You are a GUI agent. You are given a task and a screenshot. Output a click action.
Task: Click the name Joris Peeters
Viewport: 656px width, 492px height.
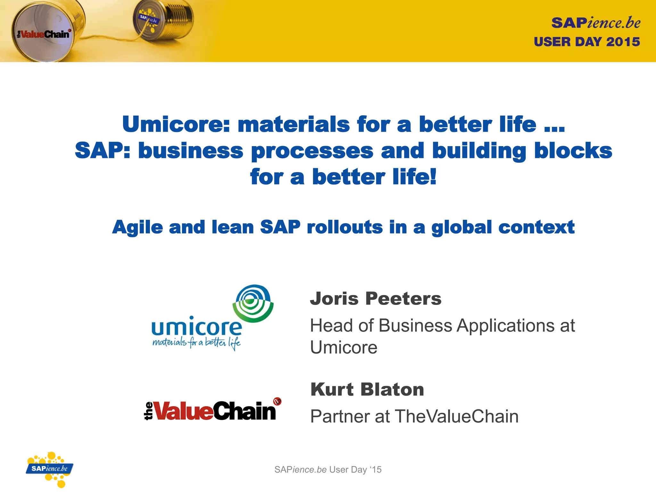tap(375, 299)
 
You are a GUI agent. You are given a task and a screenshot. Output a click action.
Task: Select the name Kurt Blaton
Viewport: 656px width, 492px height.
tap(367, 389)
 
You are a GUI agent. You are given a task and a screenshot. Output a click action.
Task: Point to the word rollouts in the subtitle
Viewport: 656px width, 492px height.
tap(344, 227)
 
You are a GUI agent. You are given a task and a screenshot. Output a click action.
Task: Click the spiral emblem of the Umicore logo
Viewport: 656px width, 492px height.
tap(253, 303)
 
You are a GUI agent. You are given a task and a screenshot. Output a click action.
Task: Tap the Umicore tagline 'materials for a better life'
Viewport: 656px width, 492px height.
tap(196, 343)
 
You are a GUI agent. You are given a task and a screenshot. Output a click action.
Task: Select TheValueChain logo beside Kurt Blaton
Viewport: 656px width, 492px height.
tap(212, 410)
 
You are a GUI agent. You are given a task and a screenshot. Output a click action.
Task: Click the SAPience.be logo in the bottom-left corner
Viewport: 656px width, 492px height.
tap(50, 469)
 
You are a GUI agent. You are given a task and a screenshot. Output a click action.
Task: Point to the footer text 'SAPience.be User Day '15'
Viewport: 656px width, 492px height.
tap(328, 470)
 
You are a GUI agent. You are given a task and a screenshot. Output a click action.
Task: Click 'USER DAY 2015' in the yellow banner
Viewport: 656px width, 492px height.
tap(586, 42)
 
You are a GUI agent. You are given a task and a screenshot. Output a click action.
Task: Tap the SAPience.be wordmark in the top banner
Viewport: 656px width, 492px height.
tap(595, 23)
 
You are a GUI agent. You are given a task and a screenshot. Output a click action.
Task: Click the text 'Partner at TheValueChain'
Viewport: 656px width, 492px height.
tap(414, 416)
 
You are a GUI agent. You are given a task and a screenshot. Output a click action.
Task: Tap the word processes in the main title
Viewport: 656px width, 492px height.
tap(312, 151)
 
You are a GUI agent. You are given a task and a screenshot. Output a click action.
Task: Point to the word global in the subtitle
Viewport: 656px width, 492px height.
tap(461, 228)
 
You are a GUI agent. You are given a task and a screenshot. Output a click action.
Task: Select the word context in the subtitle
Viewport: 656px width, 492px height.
tap(537, 227)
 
